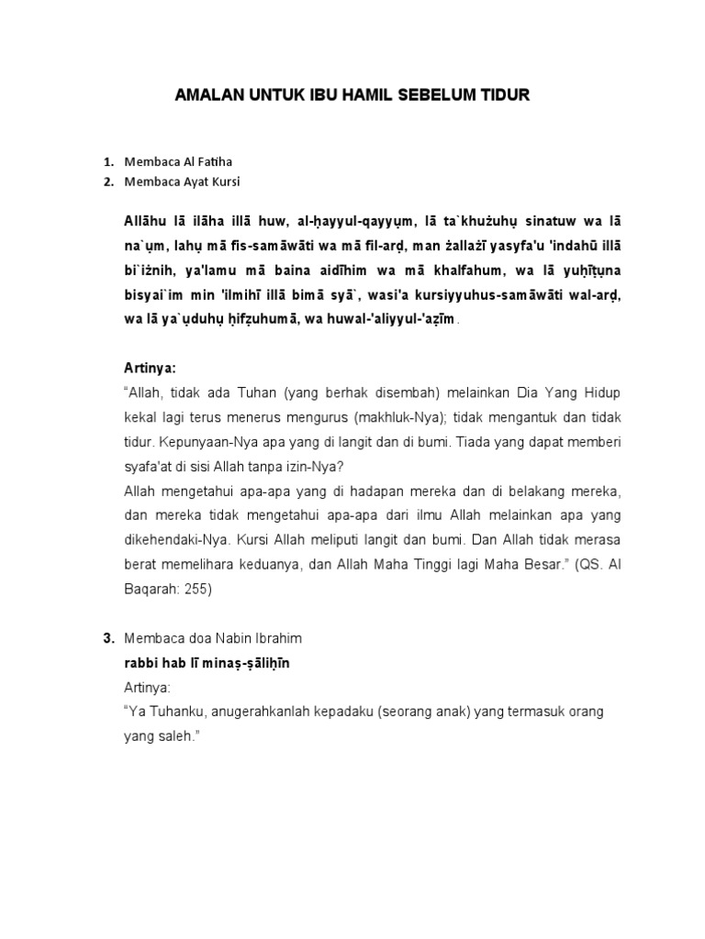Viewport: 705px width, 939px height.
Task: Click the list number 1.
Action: click(x=108, y=162)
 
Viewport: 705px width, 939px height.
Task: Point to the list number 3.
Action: click(x=108, y=637)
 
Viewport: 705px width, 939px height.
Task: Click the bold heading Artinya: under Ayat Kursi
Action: click(x=150, y=368)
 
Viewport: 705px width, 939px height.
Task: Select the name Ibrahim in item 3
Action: click(x=275, y=637)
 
